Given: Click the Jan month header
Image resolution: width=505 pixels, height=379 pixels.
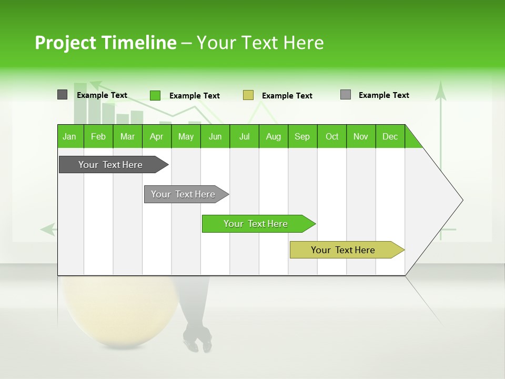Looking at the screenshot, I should click(x=70, y=136).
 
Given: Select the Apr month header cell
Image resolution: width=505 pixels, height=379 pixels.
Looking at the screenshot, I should click(x=157, y=136).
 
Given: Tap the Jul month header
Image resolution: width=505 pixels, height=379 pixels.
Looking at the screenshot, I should click(x=244, y=136).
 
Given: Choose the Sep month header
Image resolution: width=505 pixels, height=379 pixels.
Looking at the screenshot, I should click(x=302, y=136).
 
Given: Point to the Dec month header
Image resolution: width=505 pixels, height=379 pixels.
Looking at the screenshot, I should click(x=390, y=136).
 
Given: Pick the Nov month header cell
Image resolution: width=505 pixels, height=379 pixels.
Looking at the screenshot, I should click(x=361, y=136).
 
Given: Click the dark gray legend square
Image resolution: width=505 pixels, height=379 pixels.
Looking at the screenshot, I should click(x=62, y=95).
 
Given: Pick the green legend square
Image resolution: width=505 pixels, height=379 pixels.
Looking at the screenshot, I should click(x=155, y=95).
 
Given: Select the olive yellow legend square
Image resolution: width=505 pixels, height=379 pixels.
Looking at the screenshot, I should click(x=248, y=95).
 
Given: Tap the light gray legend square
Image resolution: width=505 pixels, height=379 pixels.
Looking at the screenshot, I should click(x=346, y=95).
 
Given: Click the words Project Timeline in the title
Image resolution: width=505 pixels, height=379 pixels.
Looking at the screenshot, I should click(x=105, y=43).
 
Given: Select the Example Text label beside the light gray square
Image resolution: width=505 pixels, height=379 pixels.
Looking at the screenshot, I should click(x=383, y=95).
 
